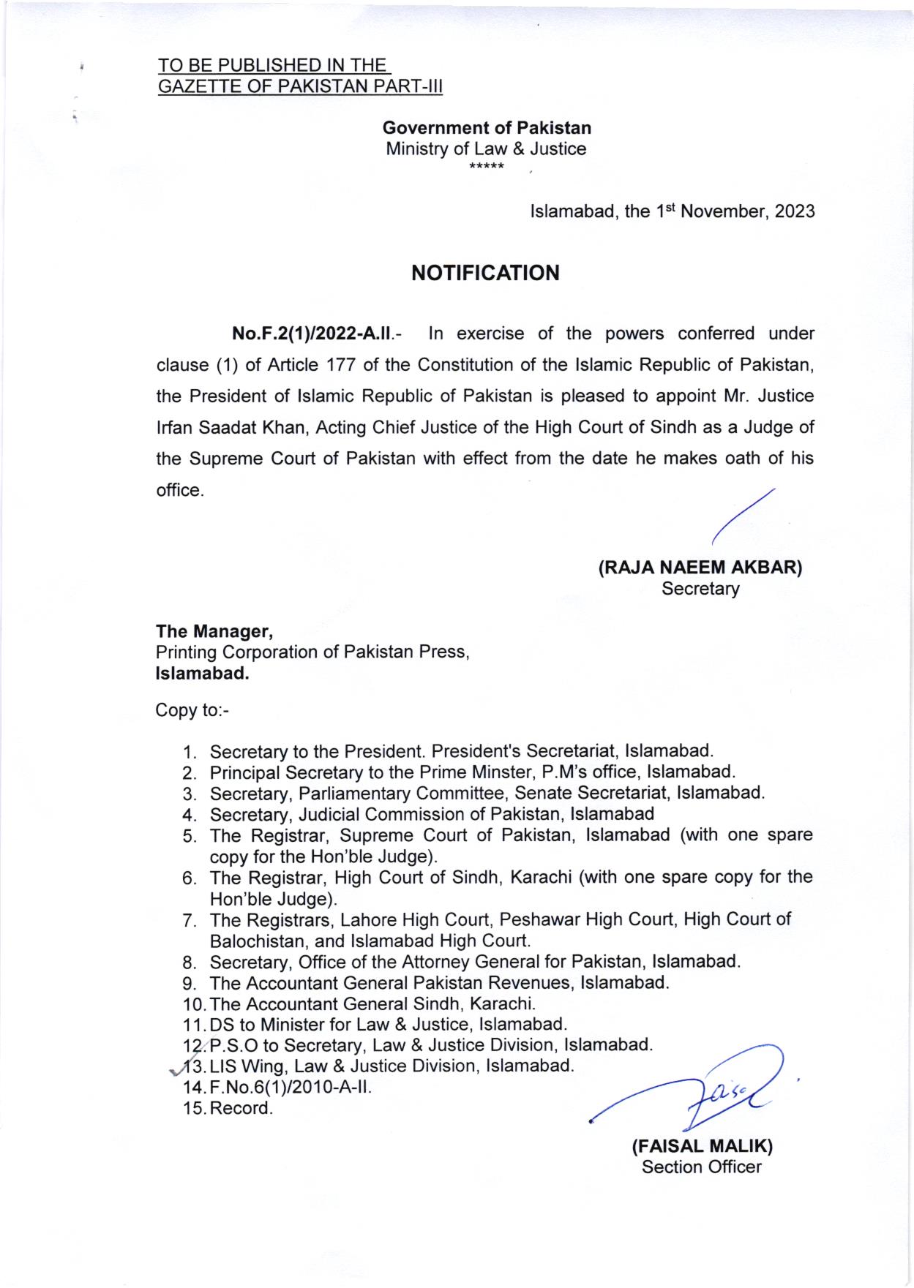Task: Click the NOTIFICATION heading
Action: [485, 274]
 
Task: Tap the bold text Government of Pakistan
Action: [487, 128]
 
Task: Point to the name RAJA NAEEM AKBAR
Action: [700, 568]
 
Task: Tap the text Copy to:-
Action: [192, 709]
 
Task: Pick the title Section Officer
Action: [701, 1167]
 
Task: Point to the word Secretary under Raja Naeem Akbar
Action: [700, 588]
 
